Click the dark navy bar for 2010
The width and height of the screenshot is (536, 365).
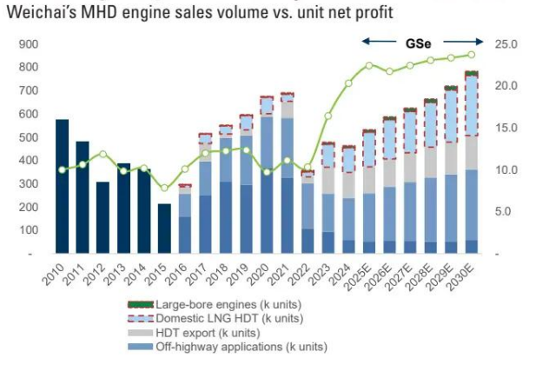62,186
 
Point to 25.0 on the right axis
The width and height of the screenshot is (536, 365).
506,43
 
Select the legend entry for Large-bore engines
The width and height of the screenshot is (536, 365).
222,305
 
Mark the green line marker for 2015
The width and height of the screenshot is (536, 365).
164,188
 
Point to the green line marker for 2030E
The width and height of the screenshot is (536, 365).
472,55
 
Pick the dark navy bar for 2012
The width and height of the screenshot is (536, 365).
103,217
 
